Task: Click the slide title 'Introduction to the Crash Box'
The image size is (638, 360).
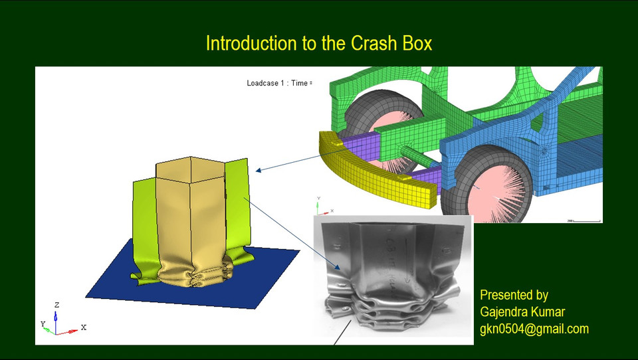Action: tap(319, 44)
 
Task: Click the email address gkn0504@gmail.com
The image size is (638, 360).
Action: tap(534, 329)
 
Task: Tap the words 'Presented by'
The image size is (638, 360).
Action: tap(514, 295)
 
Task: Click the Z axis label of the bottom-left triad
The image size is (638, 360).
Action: tap(57, 305)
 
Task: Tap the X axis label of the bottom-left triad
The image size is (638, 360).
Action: tap(83, 327)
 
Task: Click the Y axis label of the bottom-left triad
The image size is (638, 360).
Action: tap(43, 323)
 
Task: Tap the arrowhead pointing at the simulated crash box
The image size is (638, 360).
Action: tap(259, 171)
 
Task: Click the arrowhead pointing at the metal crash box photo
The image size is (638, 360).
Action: tap(340, 269)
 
